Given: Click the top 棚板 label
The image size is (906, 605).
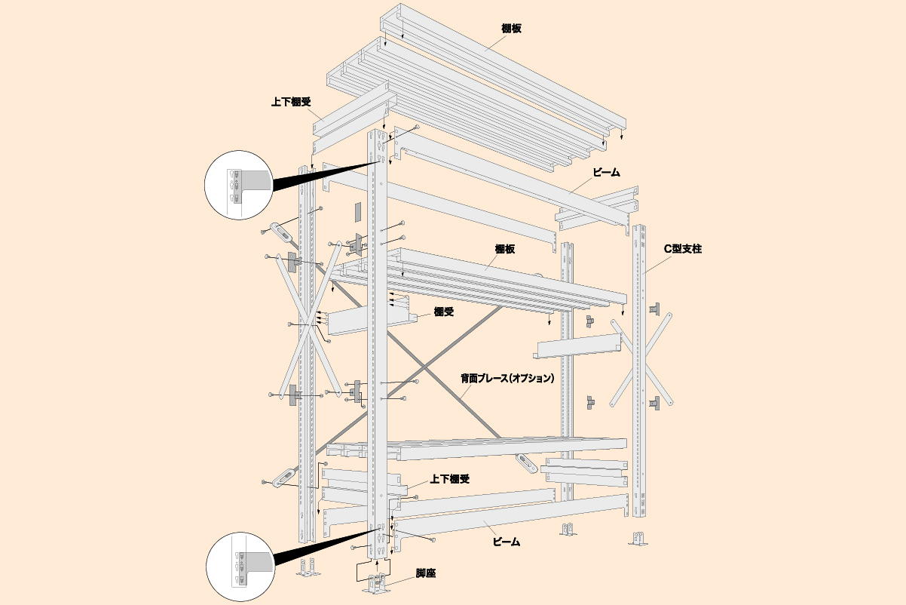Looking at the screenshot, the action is (511, 29).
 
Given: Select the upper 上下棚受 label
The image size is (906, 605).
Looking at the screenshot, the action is (291, 102).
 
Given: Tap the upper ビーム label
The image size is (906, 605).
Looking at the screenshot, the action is (606, 173).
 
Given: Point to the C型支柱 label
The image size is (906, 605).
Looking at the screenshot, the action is (683, 249).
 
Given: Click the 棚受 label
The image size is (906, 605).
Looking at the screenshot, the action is (444, 312).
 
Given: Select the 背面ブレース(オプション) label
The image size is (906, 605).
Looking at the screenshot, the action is (507, 379).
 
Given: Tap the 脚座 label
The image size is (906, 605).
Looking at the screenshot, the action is (426, 573).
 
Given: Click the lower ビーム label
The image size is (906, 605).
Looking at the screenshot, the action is (507, 542).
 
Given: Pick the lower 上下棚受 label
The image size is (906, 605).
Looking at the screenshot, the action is (449, 479).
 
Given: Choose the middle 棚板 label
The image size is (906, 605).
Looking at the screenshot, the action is (505, 249).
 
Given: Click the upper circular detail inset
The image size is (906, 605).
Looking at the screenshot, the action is (238, 185).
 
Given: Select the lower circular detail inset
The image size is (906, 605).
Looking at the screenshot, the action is (240, 567).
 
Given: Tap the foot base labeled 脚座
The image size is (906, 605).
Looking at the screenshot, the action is (377, 585).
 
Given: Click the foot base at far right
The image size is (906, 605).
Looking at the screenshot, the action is (638, 538).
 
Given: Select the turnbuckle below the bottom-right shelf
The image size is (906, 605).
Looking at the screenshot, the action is (526, 463).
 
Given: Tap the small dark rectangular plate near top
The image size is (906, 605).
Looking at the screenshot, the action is (357, 213).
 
